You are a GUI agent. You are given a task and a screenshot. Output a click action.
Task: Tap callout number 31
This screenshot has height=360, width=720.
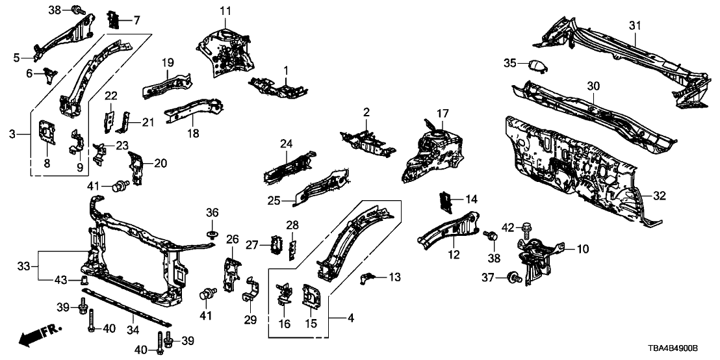[634, 25]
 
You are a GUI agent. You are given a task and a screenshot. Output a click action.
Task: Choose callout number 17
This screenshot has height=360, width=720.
[443, 114]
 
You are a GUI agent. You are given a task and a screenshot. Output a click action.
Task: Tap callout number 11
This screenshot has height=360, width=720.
[225, 10]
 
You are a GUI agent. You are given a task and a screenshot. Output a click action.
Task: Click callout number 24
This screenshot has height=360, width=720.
[287, 143]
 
